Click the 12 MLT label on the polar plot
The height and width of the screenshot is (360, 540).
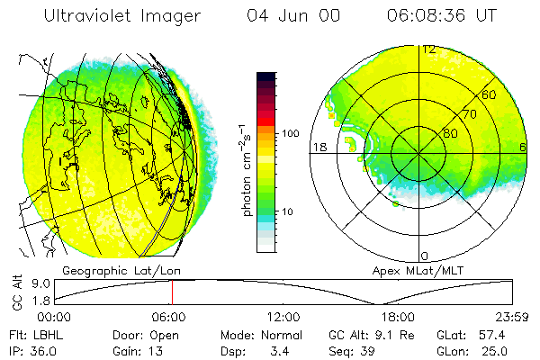tap(429, 49)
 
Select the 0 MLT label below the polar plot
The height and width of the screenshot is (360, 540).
tap(426, 256)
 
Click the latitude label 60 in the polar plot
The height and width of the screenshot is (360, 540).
tap(490, 94)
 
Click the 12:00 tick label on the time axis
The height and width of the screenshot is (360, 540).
tap(283, 317)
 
